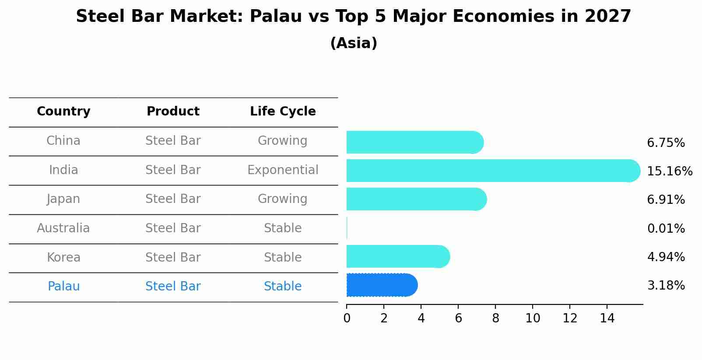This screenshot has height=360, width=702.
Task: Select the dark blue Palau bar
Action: (x=381, y=285)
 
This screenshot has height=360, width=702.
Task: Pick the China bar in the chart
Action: (x=414, y=142)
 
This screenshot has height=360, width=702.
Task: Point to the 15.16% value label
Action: (x=669, y=171)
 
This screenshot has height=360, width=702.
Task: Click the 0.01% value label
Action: (x=665, y=228)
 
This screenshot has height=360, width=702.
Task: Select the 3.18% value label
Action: (x=665, y=286)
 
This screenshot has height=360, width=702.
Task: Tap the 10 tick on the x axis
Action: (x=533, y=318)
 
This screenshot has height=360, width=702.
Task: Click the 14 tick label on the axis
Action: (x=607, y=318)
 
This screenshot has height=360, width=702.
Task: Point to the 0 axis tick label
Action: (x=347, y=318)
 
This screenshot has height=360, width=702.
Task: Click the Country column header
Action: (x=63, y=112)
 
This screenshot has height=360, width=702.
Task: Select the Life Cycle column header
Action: (x=283, y=112)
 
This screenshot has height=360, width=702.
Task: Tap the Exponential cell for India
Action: (x=283, y=170)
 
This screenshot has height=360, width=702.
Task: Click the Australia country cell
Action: (x=63, y=228)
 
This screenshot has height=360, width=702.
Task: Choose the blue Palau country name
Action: (x=63, y=287)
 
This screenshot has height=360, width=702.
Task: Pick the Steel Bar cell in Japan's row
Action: (x=173, y=199)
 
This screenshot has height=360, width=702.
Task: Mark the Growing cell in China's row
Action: (x=283, y=141)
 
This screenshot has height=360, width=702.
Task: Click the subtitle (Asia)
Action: (x=353, y=43)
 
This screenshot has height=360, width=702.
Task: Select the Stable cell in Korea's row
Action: (x=283, y=257)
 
